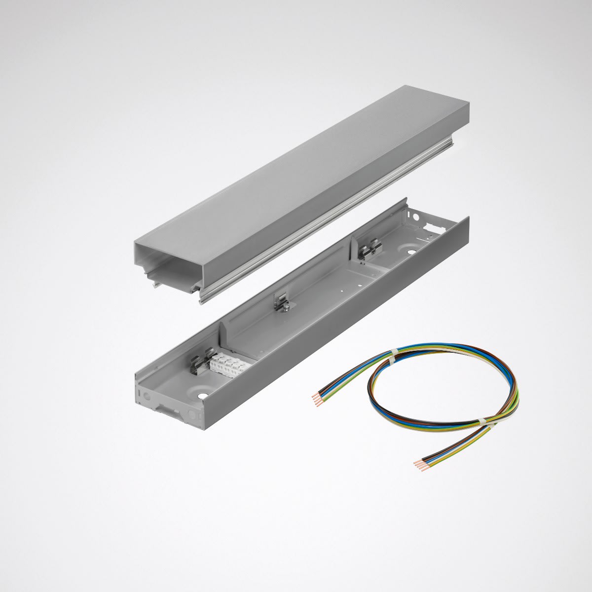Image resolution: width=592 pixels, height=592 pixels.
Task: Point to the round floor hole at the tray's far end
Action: (410, 252)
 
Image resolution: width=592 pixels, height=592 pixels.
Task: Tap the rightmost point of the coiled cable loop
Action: (519, 390)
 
